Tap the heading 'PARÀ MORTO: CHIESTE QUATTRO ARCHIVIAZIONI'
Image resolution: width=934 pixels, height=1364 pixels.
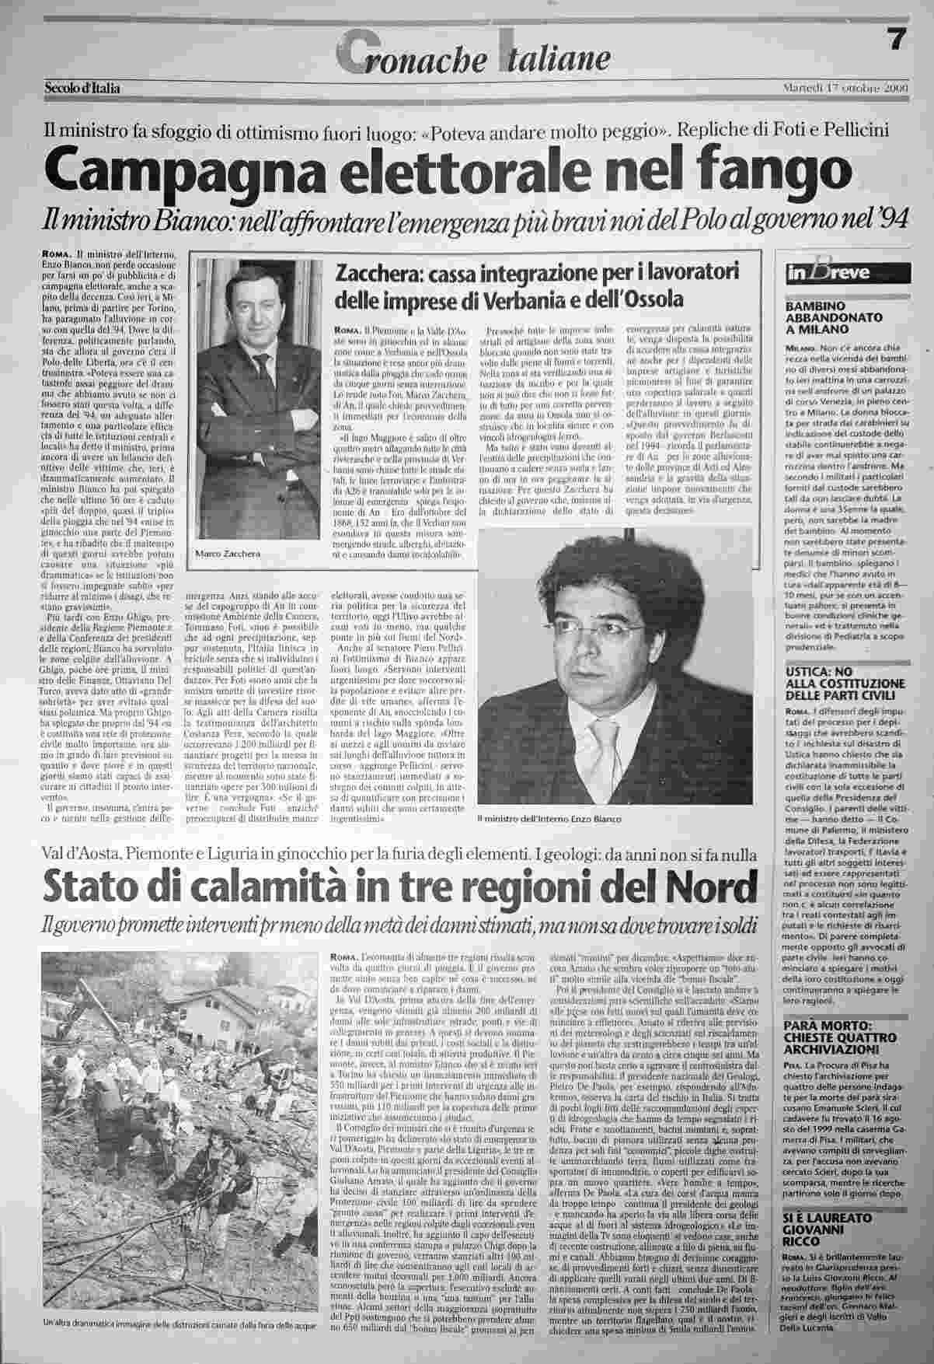tap(832, 1045)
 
